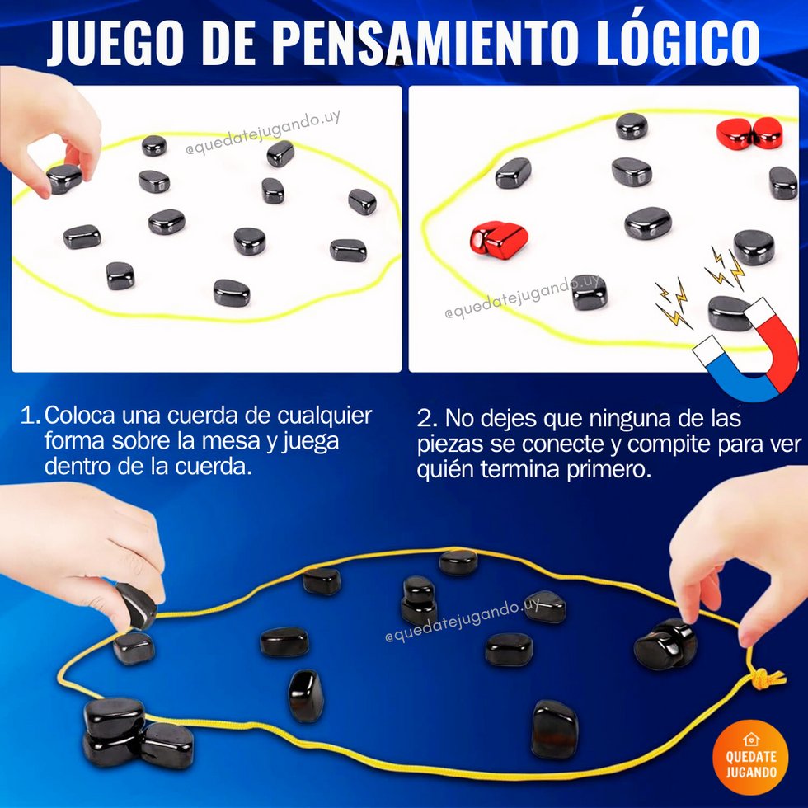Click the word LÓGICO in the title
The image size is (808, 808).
678,42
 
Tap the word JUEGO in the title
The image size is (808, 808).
115,43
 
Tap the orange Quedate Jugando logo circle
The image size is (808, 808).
750,757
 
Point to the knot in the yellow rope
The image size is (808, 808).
768,679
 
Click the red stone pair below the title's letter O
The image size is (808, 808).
749,133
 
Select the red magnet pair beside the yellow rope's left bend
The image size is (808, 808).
498,239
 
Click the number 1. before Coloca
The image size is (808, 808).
30,416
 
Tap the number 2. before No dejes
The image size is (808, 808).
427,419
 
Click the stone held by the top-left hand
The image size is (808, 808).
64,178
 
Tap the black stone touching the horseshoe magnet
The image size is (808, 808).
728,312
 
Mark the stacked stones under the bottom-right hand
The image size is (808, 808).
665,644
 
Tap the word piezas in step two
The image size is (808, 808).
450,445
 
